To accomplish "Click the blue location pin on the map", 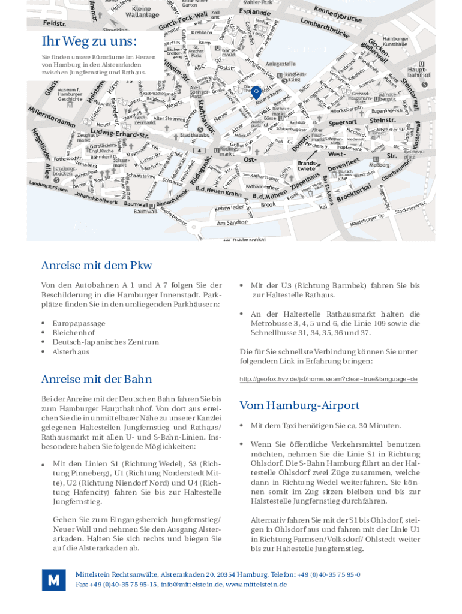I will click(256, 92).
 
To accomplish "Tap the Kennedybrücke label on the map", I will click(337, 17).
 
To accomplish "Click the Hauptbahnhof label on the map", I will click(419, 73).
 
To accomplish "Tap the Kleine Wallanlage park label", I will click(142, 11).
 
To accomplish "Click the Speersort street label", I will click(343, 122).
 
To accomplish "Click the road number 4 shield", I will click(199, 151).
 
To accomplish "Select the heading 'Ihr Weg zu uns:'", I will click(89, 41).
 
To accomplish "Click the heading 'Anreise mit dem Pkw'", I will click(97, 265).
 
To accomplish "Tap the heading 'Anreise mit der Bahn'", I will click(97, 379).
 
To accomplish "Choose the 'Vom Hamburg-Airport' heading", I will click(299, 405).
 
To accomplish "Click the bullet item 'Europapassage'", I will click(79, 323).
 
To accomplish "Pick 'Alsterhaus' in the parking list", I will click(71, 351).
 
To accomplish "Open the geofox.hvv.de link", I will click(328, 379).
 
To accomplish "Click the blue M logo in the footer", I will click(53, 580).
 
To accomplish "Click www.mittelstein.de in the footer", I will click(256, 584).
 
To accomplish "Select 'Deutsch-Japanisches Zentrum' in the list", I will click(106, 342).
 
